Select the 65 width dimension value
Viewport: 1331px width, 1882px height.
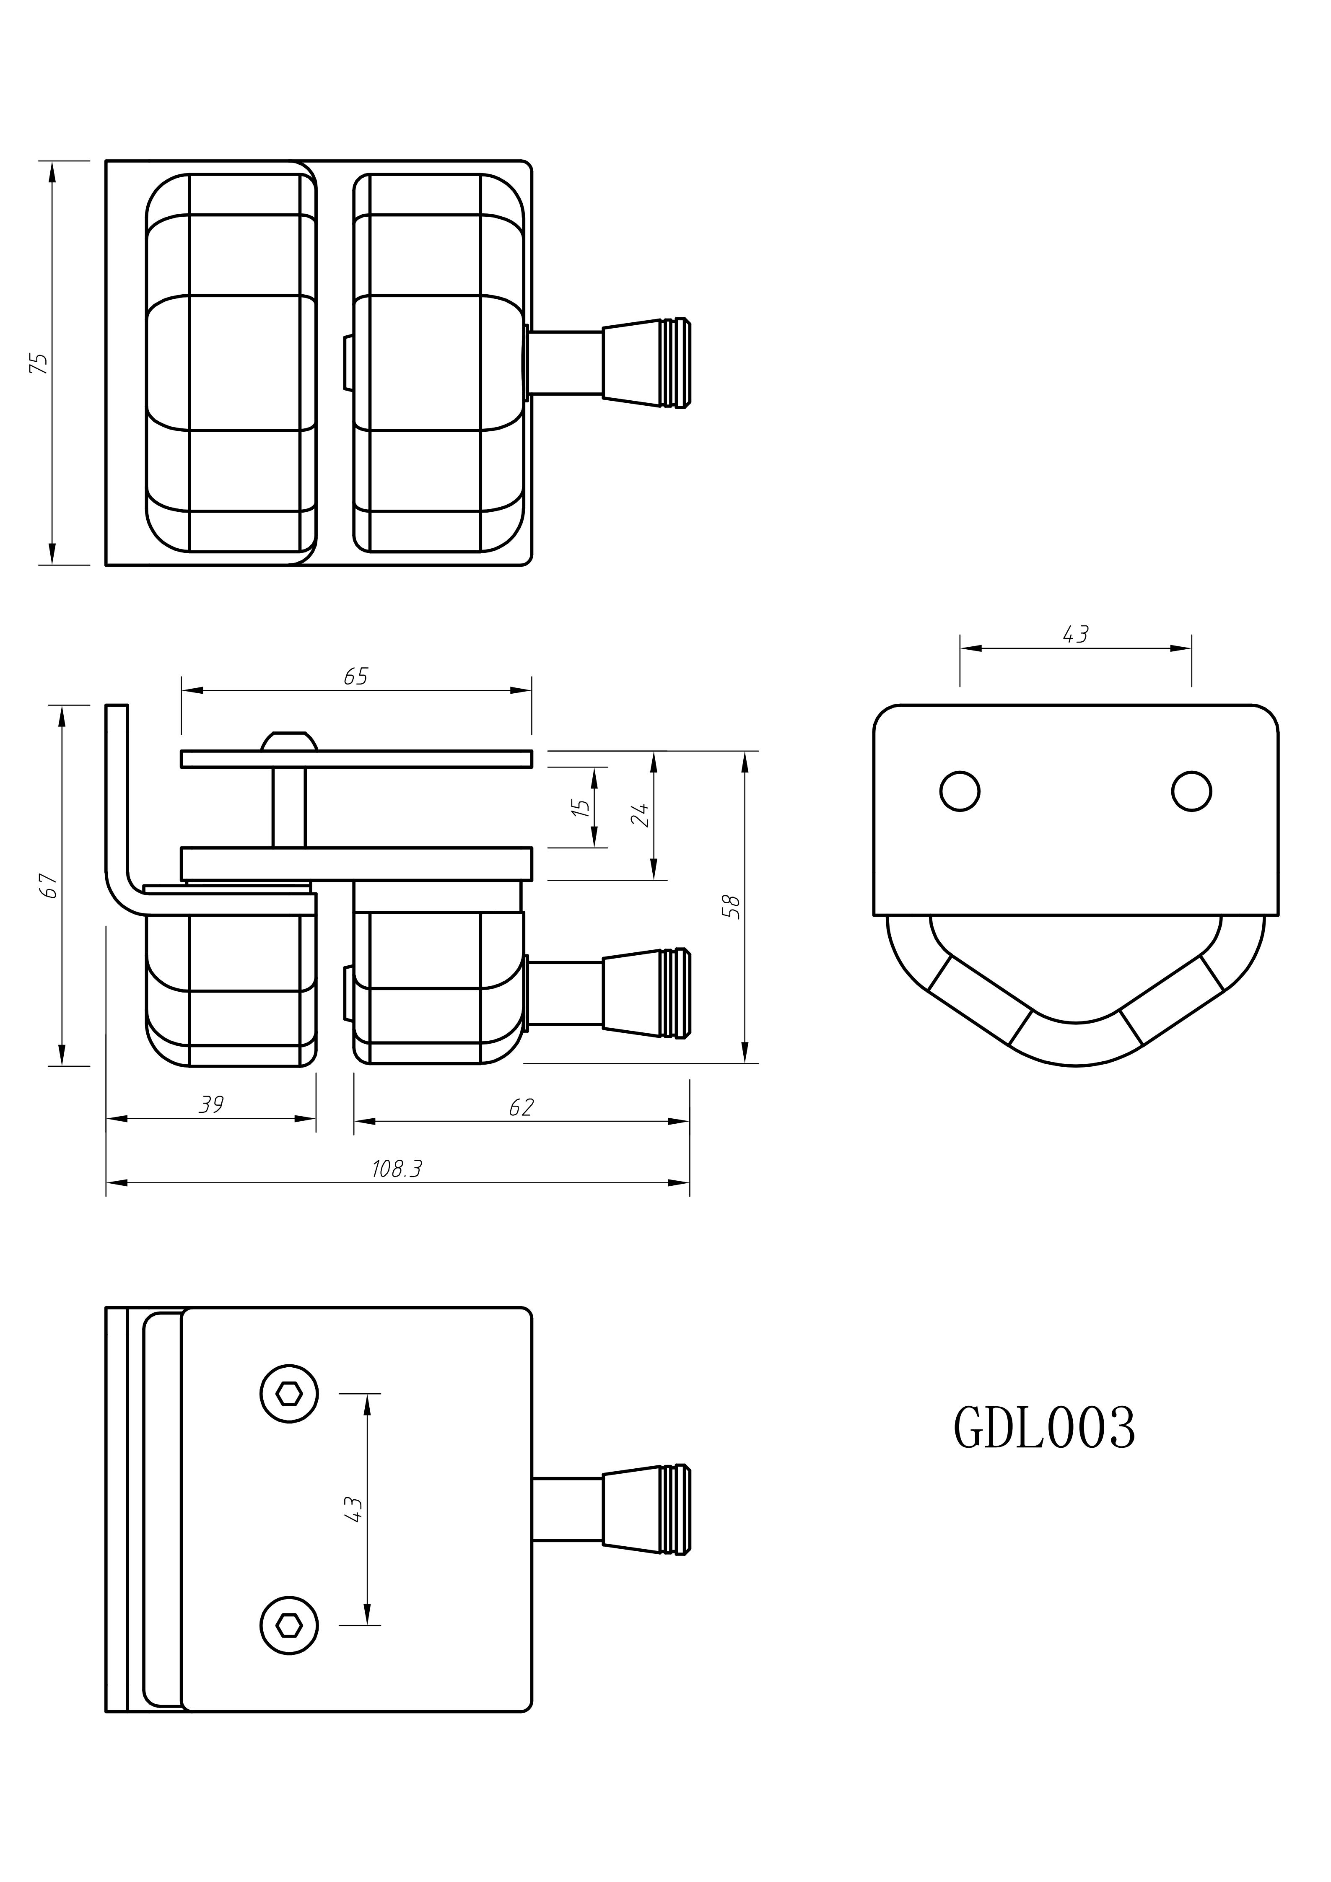355,677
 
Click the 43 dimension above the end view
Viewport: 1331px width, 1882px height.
1075,635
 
